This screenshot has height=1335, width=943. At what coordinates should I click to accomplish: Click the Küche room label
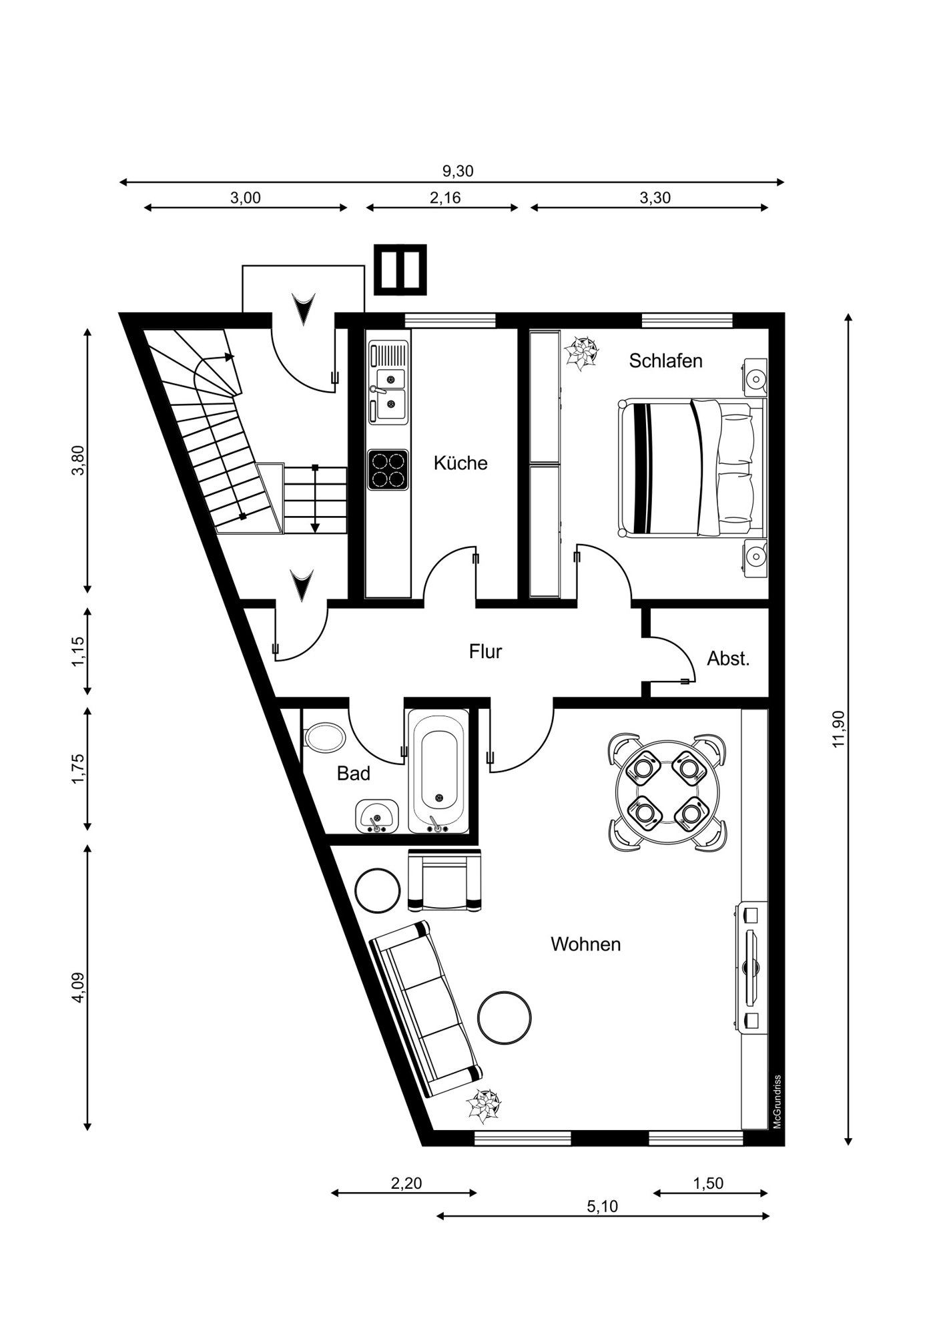coord(460,463)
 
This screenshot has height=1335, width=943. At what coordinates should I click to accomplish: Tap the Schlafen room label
coord(665,360)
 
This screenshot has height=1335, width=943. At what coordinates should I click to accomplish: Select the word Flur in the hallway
coord(485,651)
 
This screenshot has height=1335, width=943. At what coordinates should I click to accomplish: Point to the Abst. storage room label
coord(728,659)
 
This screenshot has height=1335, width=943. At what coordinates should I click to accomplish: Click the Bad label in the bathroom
coord(353,774)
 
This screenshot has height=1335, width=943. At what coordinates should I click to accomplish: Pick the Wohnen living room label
coord(585,944)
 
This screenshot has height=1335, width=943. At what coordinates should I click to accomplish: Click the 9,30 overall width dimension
coord(458,171)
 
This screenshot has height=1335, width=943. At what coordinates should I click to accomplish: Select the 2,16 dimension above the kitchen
coord(445,198)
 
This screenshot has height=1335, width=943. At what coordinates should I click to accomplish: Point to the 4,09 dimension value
coord(79,987)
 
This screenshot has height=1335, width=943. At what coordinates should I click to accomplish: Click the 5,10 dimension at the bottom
coord(602,1206)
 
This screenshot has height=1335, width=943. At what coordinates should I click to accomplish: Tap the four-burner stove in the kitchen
coord(388,470)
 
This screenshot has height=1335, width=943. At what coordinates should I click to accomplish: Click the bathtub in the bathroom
coord(438,771)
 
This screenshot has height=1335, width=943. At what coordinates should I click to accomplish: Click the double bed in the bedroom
coord(691,467)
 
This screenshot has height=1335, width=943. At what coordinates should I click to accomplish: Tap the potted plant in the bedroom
coord(581,354)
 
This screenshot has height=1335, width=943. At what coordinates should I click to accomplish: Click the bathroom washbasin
coord(377,816)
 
